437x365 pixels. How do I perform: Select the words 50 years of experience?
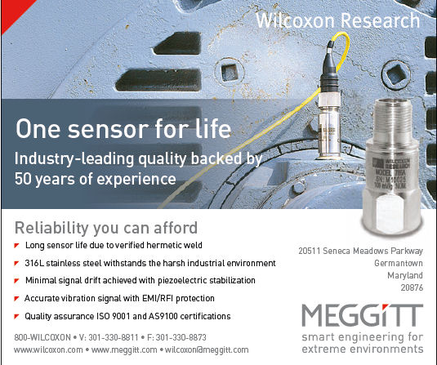tap(96, 177)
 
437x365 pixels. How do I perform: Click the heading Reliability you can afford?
tap(107, 226)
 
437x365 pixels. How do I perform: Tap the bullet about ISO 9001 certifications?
tap(127, 316)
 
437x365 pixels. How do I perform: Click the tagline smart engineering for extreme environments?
tap(362, 342)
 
